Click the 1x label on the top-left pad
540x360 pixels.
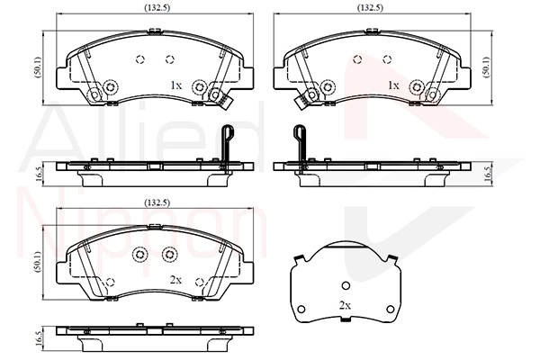[176, 85]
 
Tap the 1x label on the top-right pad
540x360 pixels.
[393, 85]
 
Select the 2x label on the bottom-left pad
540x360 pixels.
[176, 280]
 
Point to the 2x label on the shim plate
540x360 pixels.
[345, 305]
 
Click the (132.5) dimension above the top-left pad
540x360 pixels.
[157, 7]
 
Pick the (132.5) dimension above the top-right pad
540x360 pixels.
[371, 7]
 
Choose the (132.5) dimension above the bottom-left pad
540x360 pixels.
[157, 202]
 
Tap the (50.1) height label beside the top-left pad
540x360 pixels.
[38, 67]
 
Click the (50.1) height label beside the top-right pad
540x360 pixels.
[486, 67]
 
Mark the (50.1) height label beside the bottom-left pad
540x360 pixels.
[38, 262]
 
